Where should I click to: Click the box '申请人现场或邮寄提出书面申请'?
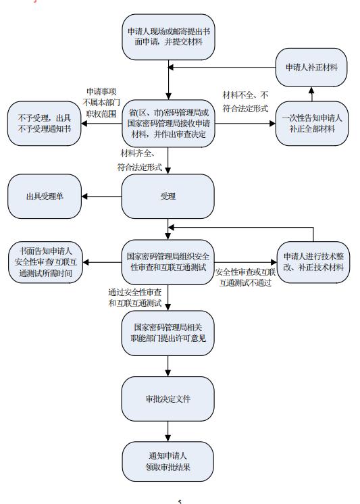pos(168,36)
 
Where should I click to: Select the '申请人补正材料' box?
pos(311,67)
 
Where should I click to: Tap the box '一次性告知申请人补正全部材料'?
pos(312,124)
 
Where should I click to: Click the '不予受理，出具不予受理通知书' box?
pos(44,124)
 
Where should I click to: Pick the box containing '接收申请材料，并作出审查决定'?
pos(168,124)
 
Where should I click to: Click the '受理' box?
pos(168,196)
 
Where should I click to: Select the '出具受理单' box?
pos(45,196)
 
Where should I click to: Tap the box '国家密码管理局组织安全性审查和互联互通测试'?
pos(168,262)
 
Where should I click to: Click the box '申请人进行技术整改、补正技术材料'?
pos(313,262)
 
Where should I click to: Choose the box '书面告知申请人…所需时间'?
pos(45,262)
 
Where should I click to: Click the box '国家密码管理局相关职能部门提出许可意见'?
pos(168,333)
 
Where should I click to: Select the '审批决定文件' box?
pos(168,399)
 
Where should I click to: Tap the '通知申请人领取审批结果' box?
pos(168,461)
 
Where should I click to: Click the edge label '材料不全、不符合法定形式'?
pos(245,101)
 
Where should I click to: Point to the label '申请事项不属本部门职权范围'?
pos(101,103)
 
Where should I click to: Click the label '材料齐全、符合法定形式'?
pos(140,160)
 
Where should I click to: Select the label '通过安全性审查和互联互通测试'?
pos(134,298)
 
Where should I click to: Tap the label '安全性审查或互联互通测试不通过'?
pos(245,278)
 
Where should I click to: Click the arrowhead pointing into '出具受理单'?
pos(84,196)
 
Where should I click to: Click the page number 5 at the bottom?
pos(180,501)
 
